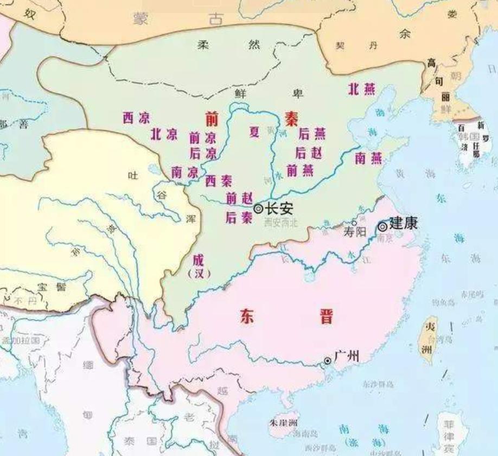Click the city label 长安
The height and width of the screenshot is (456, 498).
[x=279, y=208]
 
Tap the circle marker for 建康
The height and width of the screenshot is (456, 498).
[x=383, y=227]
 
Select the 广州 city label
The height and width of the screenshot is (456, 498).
[x=347, y=357]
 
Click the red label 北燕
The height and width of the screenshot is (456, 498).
[x=361, y=90]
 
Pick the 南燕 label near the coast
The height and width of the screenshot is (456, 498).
[x=368, y=158]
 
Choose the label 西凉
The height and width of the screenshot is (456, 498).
[x=136, y=117]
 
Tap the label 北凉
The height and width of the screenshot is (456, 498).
[x=164, y=134]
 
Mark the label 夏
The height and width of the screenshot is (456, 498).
[x=254, y=131]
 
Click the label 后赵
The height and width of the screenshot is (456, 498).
[x=309, y=153]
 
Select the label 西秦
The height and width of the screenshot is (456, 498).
[x=219, y=181]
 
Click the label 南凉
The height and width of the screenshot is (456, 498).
[x=184, y=172]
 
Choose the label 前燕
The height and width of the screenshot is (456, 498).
[x=301, y=171]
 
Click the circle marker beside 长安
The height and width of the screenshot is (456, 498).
[x=258, y=208]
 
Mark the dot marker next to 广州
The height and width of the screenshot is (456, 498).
[x=328, y=360]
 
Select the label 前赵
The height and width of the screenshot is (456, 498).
[x=239, y=198]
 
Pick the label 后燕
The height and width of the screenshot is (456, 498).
[x=312, y=134]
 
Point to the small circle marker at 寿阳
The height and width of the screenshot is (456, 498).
[x=354, y=223]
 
